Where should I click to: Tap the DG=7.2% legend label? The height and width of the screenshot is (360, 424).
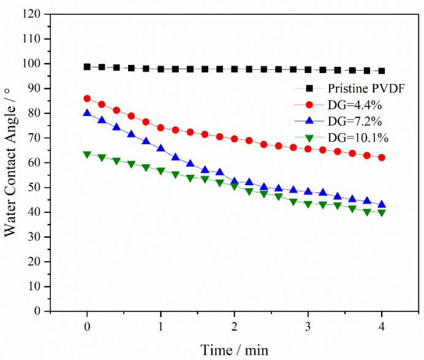pyautogui.click(x=336, y=121)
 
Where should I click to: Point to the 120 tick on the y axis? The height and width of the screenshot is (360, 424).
pyautogui.click(x=34, y=14)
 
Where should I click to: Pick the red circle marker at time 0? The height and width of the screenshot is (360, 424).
pyautogui.click(x=87, y=99)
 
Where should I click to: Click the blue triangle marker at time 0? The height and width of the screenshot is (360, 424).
pyautogui.click(x=87, y=113)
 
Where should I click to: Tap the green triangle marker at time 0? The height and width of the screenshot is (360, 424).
pyautogui.click(x=87, y=155)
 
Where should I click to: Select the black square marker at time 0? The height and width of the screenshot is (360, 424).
pyautogui.click(x=87, y=67)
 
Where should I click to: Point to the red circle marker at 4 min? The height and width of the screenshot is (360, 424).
pyautogui.click(x=382, y=158)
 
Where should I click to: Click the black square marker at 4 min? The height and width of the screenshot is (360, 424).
pyautogui.click(x=382, y=71)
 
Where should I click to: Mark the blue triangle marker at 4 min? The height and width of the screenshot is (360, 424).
pyautogui.click(x=382, y=204)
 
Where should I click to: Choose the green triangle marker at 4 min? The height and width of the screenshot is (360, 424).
pyautogui.click(x=382, y=213)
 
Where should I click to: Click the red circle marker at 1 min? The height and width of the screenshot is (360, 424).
pyautogui.click(x=161, y=128)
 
